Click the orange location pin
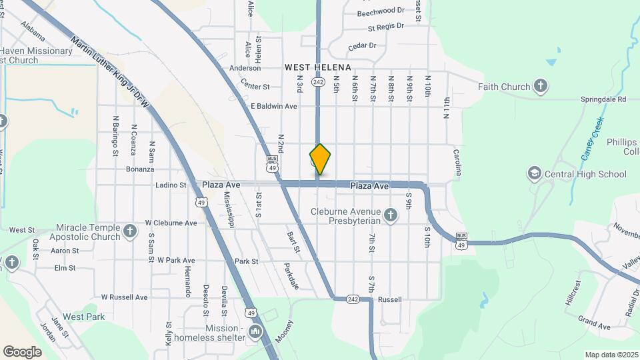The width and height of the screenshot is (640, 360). pyautogui.click(x=320, y=159)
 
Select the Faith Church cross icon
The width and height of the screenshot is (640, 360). pyautogui.click(x=541, y=86)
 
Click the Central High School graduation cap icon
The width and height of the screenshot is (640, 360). pyautogui.click(x=533, y=174)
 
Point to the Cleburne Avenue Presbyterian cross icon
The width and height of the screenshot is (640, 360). pyautogui.click(x=391, y=215)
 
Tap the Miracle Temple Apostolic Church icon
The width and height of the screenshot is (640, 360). pyautogui.click(x=130, y=231)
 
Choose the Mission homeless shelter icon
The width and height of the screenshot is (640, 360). pyautogui.click(x=255, y=332)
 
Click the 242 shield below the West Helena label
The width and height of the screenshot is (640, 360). pyautogui.click(x=317, y=82)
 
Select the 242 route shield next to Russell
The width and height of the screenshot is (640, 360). pyautogui.click(x=353, y=299)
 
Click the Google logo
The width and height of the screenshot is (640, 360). pyautogui.click(x=22, y=351)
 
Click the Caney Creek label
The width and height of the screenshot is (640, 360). pyautogui.click(x=590, y=139)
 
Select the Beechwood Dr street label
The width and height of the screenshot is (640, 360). pyautogui.click(x=381, y=11)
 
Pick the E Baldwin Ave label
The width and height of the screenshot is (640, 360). pyautogui.click(x=273, y=106)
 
